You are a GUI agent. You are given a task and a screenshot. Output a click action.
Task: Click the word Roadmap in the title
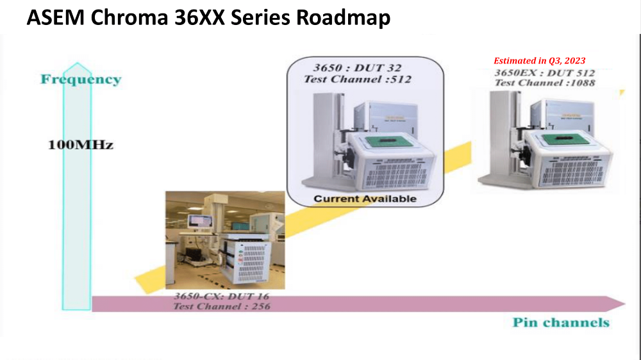(x=343, y=17)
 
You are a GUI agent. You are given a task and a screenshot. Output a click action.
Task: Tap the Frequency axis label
(x=81, y=79)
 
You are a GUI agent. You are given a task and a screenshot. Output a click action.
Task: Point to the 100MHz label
(x=81, y=145)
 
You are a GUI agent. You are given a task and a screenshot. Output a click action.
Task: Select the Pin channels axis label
(x=561, y=322)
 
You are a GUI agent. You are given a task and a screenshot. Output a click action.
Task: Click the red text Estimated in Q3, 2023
(x=540, y=61)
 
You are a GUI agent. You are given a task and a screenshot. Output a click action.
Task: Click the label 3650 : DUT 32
(x=357, y=68)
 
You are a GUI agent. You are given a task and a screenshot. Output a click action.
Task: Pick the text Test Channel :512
(x=357, y=79)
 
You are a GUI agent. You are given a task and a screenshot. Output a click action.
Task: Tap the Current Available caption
(x=365, y=199)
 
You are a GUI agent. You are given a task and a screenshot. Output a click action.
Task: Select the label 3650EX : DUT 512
(x=544, y=73)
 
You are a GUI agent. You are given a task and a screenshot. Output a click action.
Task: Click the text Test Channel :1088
(x=545, y=83)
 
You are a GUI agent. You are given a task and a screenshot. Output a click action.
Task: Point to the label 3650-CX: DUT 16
(x=222, y=296)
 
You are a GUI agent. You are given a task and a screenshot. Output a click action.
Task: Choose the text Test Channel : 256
(x=222, y=306)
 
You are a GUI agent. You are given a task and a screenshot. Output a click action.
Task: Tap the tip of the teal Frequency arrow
(x=77, y=63)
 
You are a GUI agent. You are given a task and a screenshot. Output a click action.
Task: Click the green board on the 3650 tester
(x=384, y=142)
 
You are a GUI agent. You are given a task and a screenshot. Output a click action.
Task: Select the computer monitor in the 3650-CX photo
(x=200, y=222)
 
